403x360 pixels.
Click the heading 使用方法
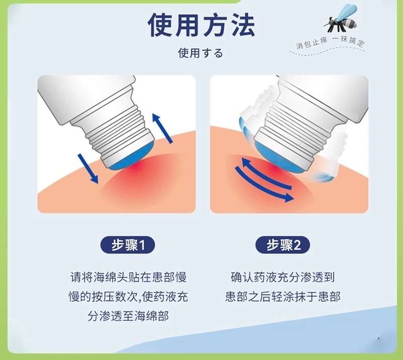click(x=201, y=25)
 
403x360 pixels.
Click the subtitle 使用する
click(x=200, y=53)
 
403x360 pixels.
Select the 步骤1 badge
click(x=127, y=245)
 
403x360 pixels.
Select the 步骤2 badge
click(x=283, y=245)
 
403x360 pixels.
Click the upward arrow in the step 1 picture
click(x=162, y=128)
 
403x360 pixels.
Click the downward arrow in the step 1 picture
click(x=88, y=168)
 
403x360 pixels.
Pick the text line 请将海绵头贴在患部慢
click(x=128, y=277)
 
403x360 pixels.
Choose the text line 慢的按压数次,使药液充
click(x=128, y=297)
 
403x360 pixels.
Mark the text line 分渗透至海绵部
click(x=128, y=316)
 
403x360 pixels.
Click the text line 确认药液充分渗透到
click(x=283, y=277)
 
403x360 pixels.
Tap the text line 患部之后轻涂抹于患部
click(x=283, y=297)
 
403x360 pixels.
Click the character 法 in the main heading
click(x=242, y=25)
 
